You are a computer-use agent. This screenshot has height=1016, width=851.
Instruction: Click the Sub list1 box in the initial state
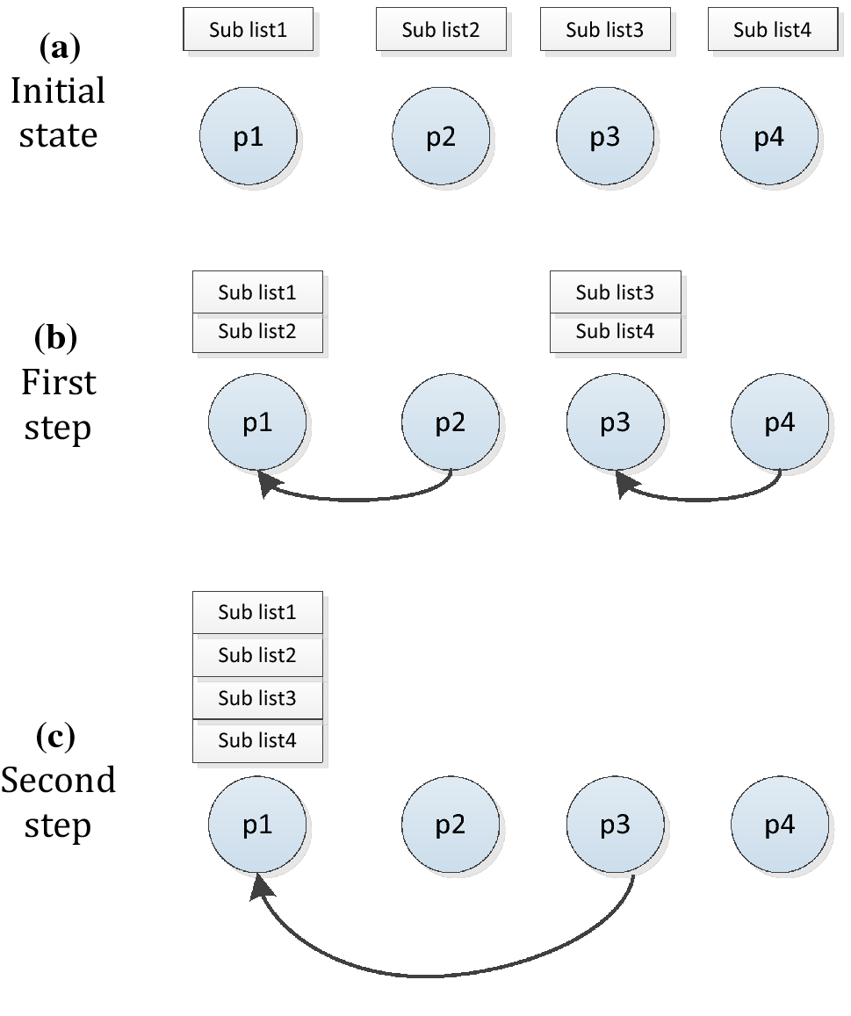(248, 30)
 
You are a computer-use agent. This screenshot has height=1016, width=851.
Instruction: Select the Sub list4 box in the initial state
(772, 30)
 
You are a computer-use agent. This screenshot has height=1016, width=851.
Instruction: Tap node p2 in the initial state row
(440, 138)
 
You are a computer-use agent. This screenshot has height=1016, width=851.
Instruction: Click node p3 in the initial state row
(605, 138)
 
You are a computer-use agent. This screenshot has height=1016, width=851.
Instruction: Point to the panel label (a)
(60, 48)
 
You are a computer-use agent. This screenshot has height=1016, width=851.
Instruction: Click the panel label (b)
(55, 337)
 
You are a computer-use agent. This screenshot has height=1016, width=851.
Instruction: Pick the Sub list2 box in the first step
(257, 332)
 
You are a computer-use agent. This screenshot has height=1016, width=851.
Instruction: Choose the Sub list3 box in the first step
(615, 292)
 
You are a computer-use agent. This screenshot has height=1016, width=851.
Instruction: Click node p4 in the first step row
(779, 423)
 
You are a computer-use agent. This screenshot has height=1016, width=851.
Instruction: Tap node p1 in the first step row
(257, 423)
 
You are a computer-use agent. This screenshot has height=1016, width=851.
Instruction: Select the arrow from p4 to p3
(703, 499)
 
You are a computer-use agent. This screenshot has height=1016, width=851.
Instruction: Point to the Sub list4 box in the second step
(257, 741)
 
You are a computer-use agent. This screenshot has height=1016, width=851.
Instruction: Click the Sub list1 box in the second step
(257, 612)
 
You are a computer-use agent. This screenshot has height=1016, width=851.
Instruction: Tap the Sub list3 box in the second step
(257, 698)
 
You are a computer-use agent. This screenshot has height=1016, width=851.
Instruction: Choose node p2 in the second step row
(450, 825)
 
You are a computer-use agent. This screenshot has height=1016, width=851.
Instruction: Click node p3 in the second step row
(615, 825)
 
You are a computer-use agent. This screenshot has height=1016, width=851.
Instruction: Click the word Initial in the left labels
(58, 91)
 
